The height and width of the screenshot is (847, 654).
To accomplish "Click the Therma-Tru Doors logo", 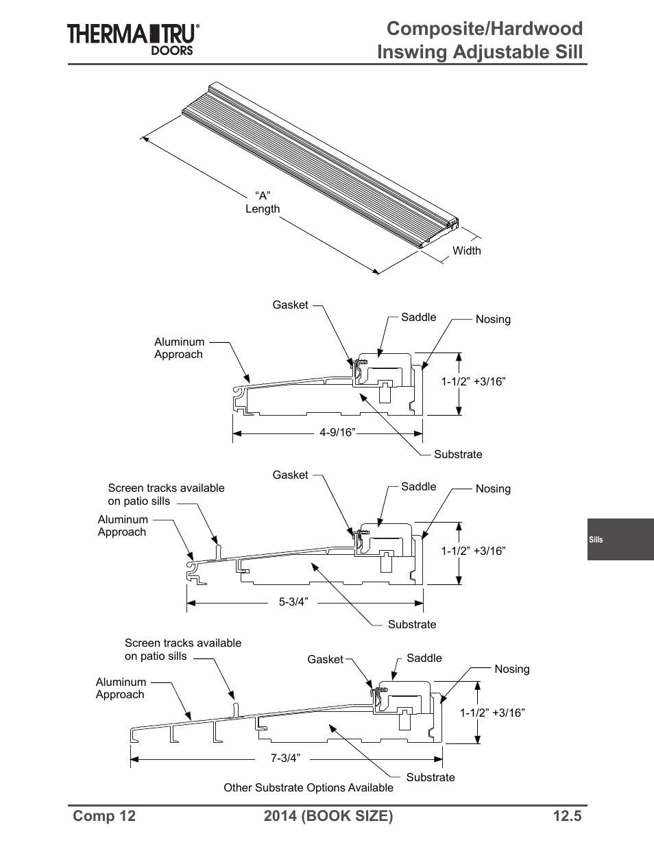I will tap(133, 38).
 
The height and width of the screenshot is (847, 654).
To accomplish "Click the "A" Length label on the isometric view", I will tap(263, 202).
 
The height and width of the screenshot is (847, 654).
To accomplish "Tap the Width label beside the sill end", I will tap(466, 251).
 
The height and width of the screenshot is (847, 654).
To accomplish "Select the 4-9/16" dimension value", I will tap(337, 433).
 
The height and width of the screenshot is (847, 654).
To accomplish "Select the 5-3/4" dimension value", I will tap(293, 602).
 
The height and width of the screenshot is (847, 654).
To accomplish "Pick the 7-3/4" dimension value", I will tap(285, 759).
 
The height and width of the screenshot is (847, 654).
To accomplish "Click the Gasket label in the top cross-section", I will tap(290, 305).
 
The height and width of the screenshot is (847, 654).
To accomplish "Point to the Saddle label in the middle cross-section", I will tap(418, 487).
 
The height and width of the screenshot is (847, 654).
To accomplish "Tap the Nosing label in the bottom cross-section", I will tap(511, 669).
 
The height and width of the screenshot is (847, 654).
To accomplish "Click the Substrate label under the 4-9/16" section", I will tap(458, 455).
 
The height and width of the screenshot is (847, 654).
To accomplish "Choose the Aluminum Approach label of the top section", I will tap(179, 348).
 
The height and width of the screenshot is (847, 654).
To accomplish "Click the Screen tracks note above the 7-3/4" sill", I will tap(182, 649).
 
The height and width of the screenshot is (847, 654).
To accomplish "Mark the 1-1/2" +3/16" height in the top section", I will tap(473, 382).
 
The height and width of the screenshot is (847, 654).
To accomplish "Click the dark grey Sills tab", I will tap(620, 540).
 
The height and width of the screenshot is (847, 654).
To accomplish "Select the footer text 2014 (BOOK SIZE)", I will tap(328, 815).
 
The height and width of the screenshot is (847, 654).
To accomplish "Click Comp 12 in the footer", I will tap(104, 815).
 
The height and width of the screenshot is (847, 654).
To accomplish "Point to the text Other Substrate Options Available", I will tap(308, 788).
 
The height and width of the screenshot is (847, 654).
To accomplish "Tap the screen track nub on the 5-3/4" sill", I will tap(217, 549).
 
